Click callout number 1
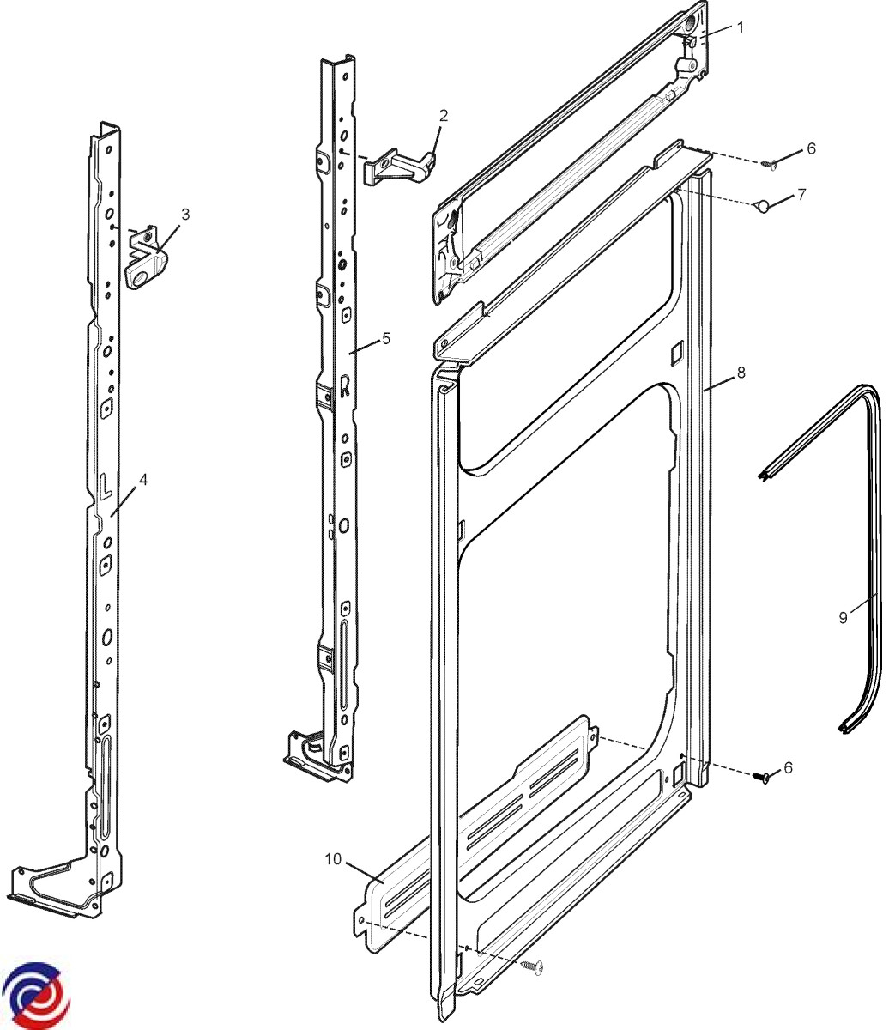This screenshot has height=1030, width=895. (741, 27)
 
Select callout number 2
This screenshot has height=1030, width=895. (443, 115)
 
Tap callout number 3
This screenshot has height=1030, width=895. (185, 214)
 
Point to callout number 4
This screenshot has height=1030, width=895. (143, 479)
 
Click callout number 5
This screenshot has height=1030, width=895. (386, 338)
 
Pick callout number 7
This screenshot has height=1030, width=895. (801, 194)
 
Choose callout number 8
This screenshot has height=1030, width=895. (741, 373)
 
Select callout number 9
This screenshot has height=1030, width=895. (843, 616)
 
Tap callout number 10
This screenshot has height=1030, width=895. (334, 857)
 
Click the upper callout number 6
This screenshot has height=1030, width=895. (811, 148)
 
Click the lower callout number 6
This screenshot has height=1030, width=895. (788, 766)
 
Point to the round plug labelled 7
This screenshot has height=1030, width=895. (762, 205)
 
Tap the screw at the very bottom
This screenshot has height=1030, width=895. (534, 966)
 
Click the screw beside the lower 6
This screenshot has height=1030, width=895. (761, 778)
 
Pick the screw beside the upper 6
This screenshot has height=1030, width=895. (770, 161)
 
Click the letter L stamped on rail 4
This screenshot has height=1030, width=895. (103, 487)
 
